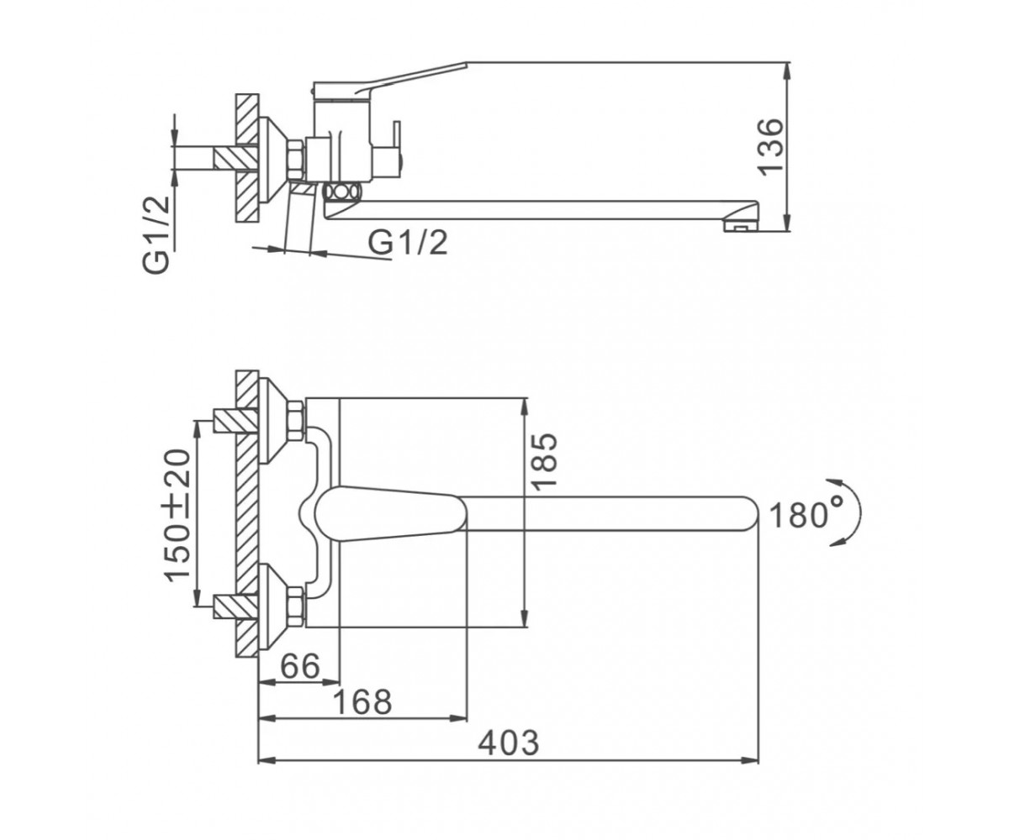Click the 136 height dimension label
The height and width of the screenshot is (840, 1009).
[770, 146]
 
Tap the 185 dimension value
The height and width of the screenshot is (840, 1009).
[546, 462]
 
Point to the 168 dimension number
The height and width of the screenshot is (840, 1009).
[362, 702]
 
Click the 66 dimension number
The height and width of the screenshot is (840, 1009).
[300, 666]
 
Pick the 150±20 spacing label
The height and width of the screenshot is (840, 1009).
[177, 515]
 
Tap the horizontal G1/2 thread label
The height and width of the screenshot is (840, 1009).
[408, 243]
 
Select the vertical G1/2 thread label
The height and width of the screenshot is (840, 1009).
[156, 235]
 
